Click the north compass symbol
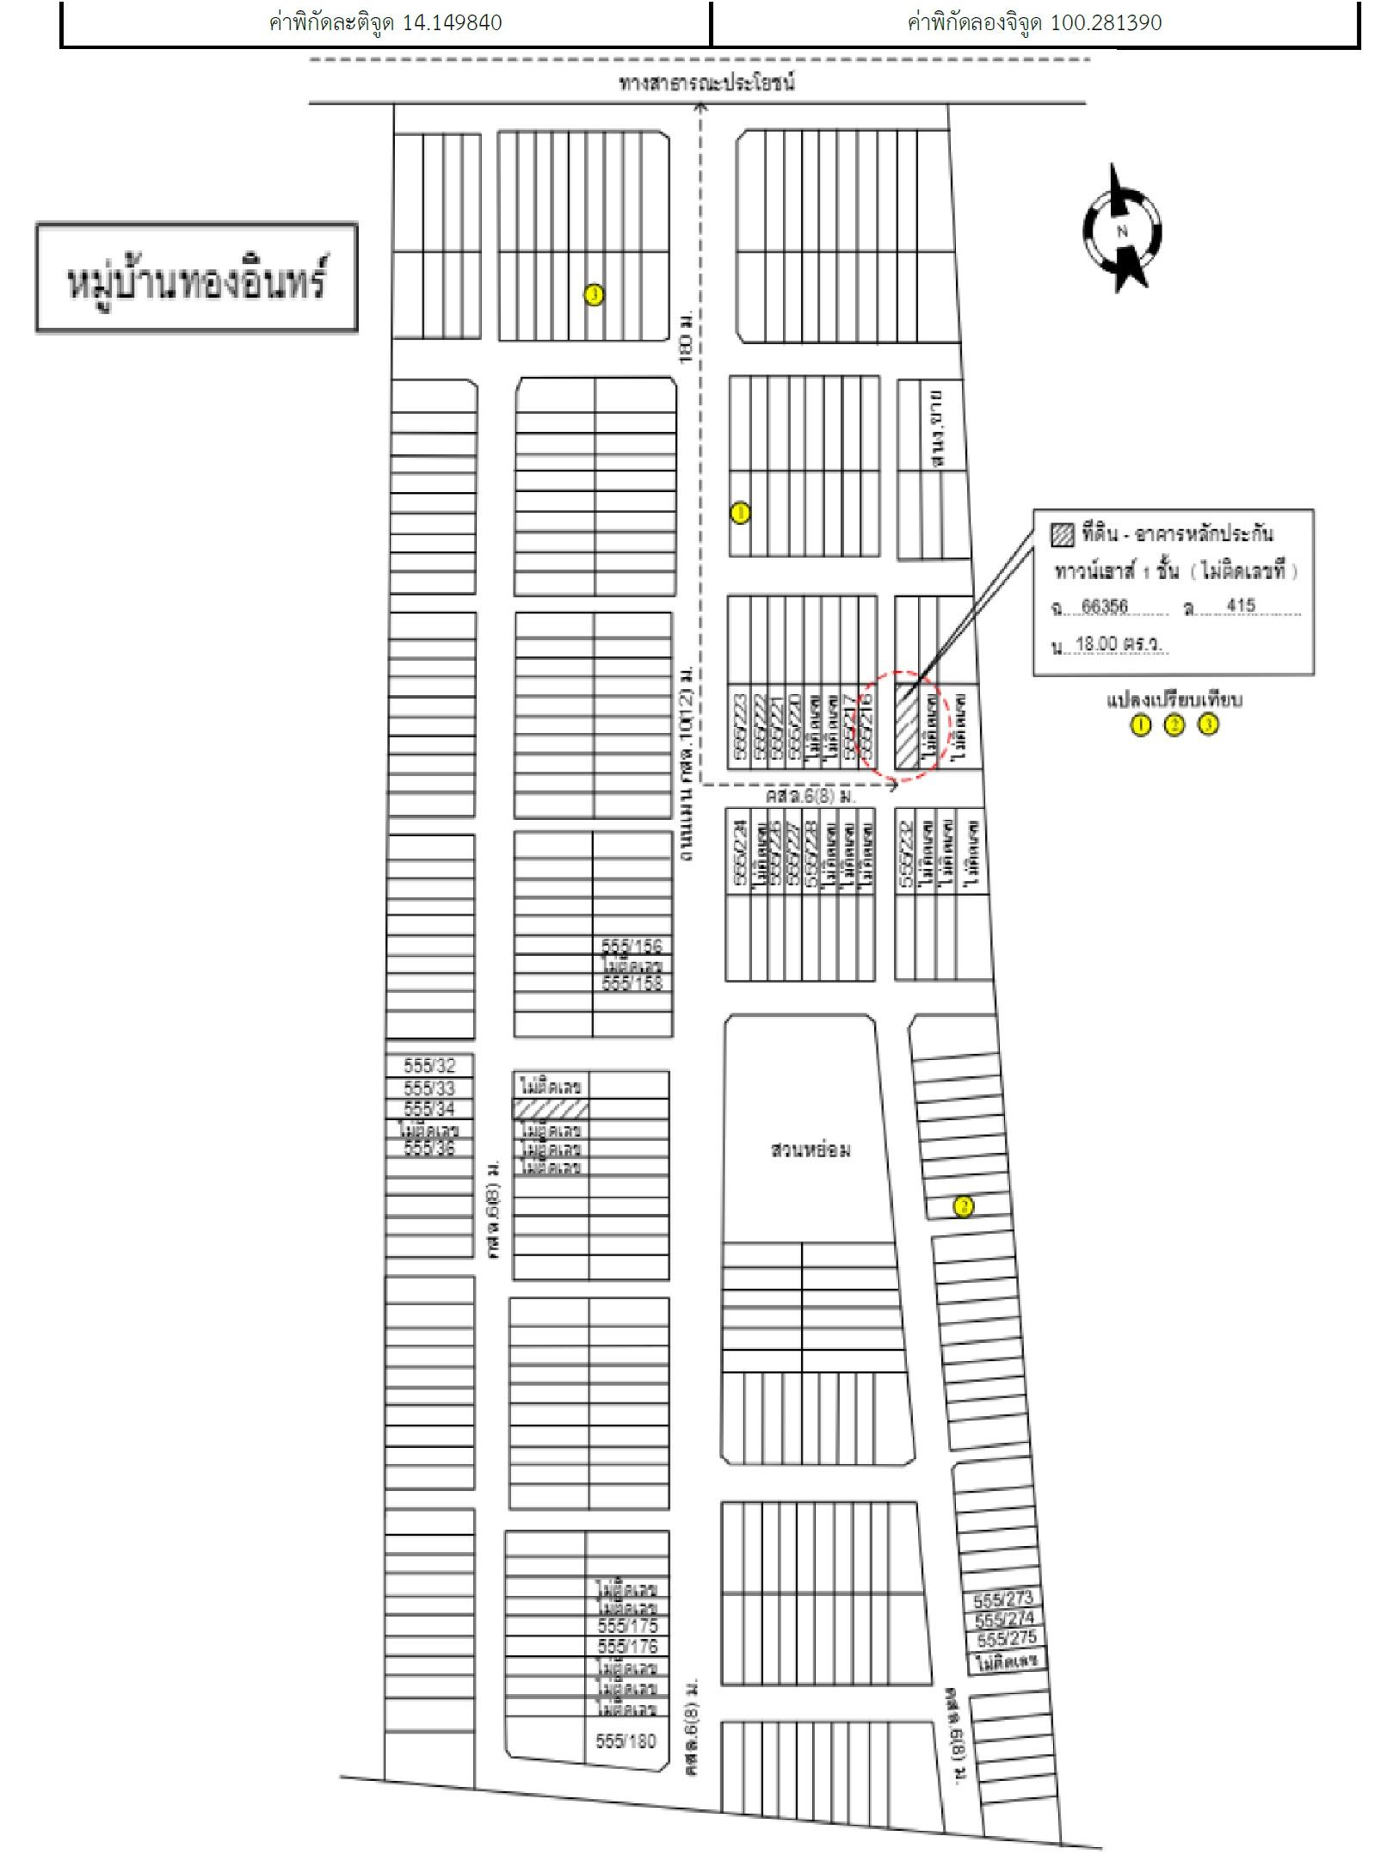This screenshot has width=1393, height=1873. pyautogui.click(x=1121, y=230)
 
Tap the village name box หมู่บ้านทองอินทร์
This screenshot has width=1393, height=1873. pyautogui.click(x=196, y=278)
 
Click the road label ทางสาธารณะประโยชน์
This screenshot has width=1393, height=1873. pyautogui.click(x=706, y=83)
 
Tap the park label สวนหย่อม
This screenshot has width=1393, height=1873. pyautogui.click(x=811, y=1149)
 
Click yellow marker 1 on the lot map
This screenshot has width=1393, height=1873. pyautogui.click(x=739, y=513)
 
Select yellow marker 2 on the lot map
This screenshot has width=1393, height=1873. pyautogui.click(x=964, y=1206)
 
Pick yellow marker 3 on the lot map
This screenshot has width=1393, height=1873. pyautogui.click(x=594, y=295)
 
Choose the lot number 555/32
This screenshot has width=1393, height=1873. pyautogui.click(x=429, y=1066)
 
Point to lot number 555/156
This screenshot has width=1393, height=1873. pyautogui.click(x=632, y=946)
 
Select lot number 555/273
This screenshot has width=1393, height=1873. pyautogui.click(x=1002, y=1601)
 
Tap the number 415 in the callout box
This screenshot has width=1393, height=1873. pyautogui.click(x=1241, y=606)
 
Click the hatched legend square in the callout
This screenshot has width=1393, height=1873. pyautogui.click(x=1063, y=535)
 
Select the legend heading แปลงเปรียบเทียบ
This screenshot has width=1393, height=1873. pyautogui.click(x=1174, y=699)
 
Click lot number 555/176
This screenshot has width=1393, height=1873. pyautogui.click(x=627, y=1646)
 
